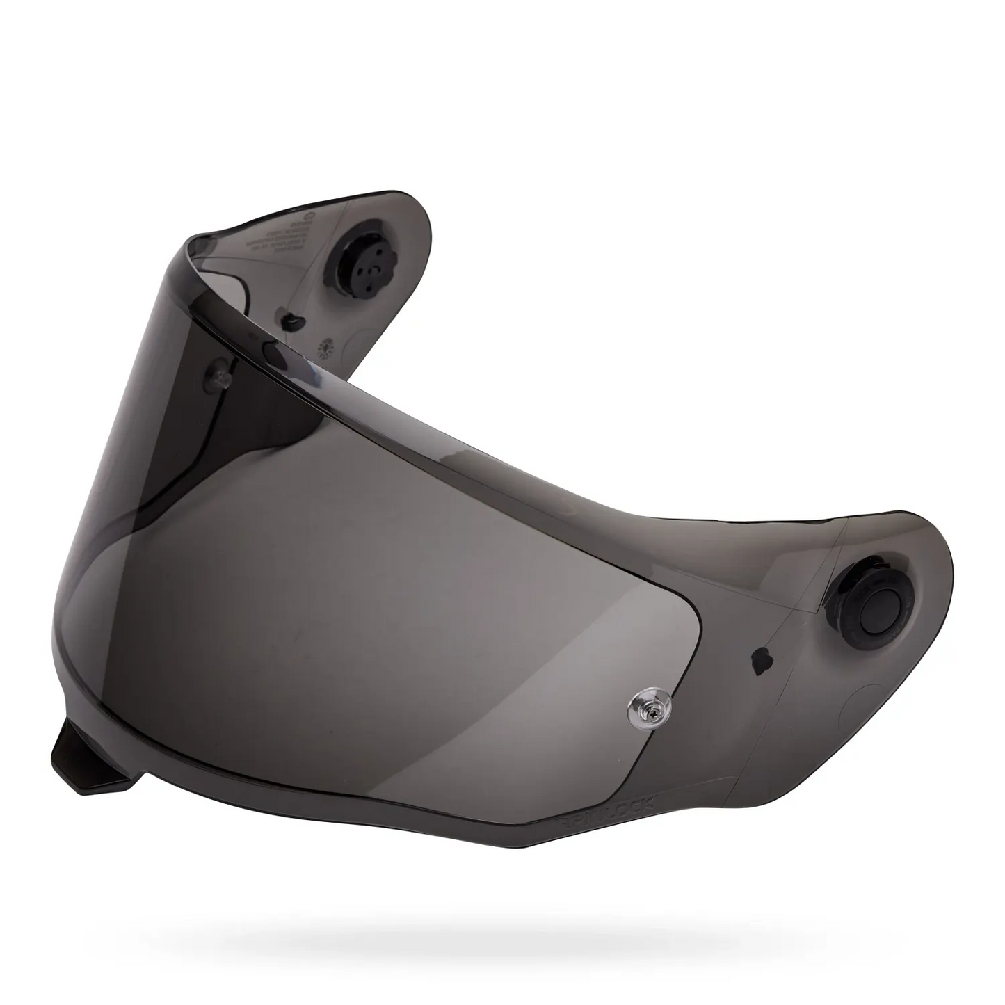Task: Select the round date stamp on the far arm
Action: [x=323, y=348]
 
